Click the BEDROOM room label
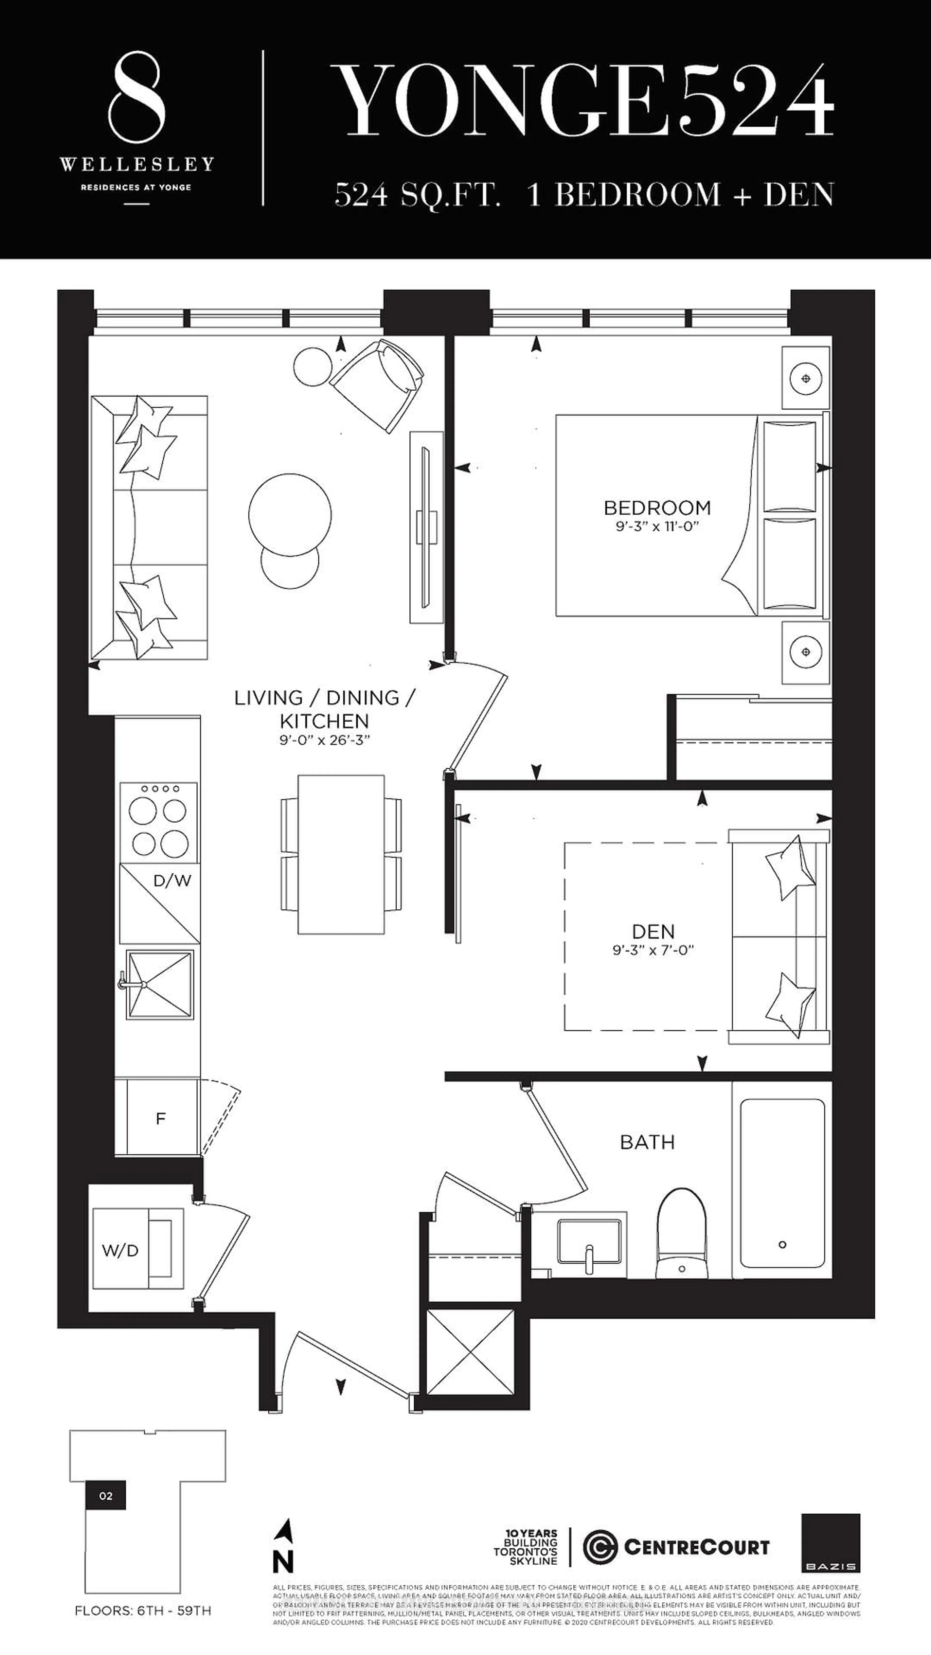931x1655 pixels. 657,508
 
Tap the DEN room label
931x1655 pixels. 653,932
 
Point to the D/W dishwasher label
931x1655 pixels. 172,881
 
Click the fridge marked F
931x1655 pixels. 161,1119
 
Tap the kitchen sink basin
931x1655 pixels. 160,984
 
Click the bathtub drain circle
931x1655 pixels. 782,1245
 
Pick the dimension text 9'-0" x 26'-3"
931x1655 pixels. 324,740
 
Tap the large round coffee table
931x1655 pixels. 290,515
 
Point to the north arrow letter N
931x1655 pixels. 283,1561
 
